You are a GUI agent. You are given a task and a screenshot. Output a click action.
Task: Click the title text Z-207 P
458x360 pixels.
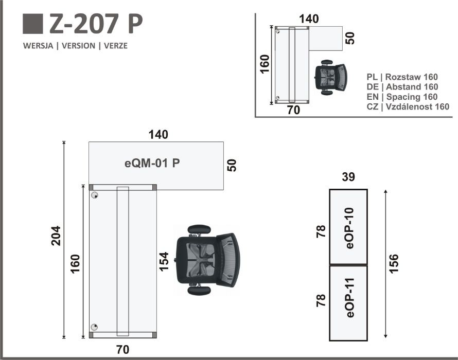96,24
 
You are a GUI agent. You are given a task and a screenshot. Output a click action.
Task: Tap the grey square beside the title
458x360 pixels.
33,24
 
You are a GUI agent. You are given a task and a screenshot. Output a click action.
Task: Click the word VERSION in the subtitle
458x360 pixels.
78,46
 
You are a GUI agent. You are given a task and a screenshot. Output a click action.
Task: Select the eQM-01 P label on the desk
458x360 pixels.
152,163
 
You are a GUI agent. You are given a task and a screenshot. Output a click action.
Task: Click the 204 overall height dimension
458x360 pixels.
56,236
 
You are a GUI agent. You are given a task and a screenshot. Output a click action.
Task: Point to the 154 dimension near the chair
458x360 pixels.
164,262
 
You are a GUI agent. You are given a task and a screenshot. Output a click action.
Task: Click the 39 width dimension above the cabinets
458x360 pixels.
348,176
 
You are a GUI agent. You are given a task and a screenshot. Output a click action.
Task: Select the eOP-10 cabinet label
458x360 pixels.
349,228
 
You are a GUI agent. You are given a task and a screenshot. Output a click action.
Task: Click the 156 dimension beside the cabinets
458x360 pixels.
394,264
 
